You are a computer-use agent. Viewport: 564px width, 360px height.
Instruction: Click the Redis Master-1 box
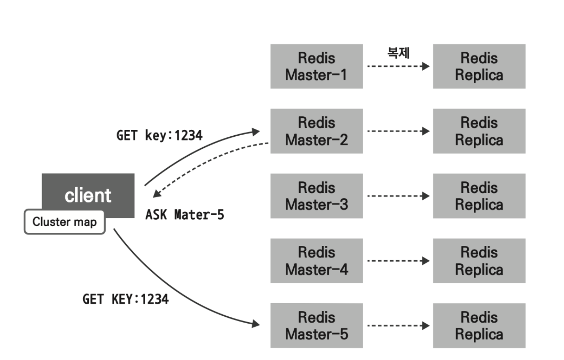[x=316, y=66]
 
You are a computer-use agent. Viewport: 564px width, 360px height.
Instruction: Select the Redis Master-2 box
[x=316, y=131]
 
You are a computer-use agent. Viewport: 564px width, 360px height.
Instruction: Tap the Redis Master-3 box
[x=316, y=196]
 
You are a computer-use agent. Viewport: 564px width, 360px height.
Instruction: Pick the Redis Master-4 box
[x=316, y=261]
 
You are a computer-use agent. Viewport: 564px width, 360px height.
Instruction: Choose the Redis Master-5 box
[x=316, y=325]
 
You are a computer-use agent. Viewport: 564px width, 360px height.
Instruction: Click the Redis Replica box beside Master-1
[x=479, y=66]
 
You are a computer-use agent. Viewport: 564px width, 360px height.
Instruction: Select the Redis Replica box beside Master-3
[x=479, y=196]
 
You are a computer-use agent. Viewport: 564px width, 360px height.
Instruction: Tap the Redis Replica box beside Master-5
[x=479, y=325]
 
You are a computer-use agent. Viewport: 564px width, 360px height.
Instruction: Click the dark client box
[x=88, y=191]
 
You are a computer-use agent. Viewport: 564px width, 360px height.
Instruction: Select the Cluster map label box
[x=64, y=221]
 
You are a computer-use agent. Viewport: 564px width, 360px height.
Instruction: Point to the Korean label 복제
[x=398, y=53]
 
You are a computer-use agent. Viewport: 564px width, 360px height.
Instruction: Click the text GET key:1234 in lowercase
[x=159, y=135]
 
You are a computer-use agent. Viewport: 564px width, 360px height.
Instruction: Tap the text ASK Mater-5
[x=184, y=215]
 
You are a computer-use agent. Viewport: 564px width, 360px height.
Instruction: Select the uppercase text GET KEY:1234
[x=125, y=299]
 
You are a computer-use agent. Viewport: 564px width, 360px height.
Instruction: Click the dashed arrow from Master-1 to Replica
[x=398, y=66]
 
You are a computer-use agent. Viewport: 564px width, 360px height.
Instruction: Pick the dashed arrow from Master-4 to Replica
[x=398, y=261]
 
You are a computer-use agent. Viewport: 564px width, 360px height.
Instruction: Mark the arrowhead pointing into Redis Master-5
[x=256, y=323]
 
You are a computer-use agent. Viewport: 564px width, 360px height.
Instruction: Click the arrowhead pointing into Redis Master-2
[x=256, y=132]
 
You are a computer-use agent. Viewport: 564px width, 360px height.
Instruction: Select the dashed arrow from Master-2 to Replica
[x=398, y=131]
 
